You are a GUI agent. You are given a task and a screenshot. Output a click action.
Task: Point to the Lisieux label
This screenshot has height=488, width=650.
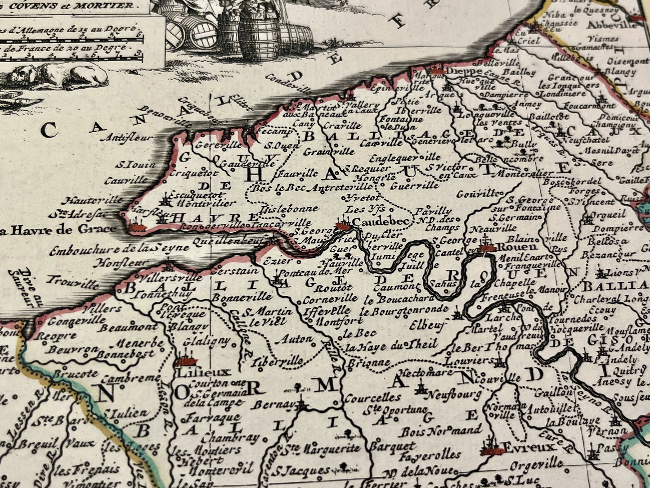[198, 372]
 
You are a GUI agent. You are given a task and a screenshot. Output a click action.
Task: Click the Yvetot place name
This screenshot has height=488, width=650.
[364, 198]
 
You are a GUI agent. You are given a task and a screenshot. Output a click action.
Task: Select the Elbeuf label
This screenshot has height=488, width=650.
[428, 322]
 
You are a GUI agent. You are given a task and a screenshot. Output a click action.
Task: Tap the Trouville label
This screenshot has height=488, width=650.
[74, 284]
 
